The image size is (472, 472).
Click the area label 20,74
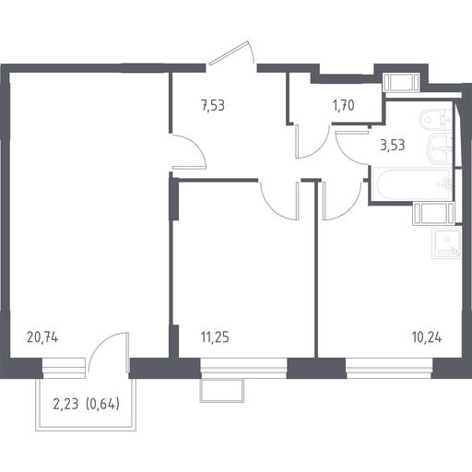(x=42, y=338)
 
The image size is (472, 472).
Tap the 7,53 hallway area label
(x=213, y=105)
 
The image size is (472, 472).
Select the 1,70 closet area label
(x=343, y=105)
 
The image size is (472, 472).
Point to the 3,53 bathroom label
(x=393, y=145)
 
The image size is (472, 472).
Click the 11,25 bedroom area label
(x=215, y=337)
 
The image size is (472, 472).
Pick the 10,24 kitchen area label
(x=427, y=337)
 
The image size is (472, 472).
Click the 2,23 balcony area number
(x=66, y=405)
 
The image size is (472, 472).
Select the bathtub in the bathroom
(x=412, y=183)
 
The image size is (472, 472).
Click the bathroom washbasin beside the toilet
(x=440, y=150)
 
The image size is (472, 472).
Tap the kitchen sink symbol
(x=446, y=242)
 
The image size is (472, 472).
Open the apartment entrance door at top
(x=231, y=53)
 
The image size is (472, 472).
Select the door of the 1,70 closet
(x=312, y=141)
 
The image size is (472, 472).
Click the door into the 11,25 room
(x=279, y=200)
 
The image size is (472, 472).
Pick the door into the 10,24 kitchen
(x=342, y=201)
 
